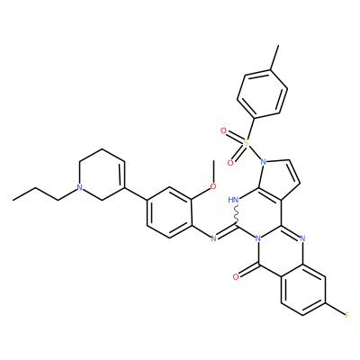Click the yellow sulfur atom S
click(246, 143)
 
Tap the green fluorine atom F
click(347, 315)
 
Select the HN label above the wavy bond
click(233, 200)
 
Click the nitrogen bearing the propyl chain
click(79, 187)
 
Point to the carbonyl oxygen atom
click(236, 276)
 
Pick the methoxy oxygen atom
click(213, 186)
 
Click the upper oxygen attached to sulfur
click(223, 130)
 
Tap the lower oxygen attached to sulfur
click(230, 163)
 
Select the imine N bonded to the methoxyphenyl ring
click(213, 238)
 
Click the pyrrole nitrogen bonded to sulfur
click(264, 162)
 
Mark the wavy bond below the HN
click(237, 215)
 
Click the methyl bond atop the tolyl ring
click(274, 58)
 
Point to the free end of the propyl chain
click(13, 200)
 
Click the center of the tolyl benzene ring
click(263, 94)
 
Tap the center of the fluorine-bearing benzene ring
click(303, 290)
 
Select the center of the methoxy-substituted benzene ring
click(169, 212)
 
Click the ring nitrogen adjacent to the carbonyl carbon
click(257, 238)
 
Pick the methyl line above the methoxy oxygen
click(213, 171)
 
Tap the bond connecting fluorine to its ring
click(335, 310)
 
